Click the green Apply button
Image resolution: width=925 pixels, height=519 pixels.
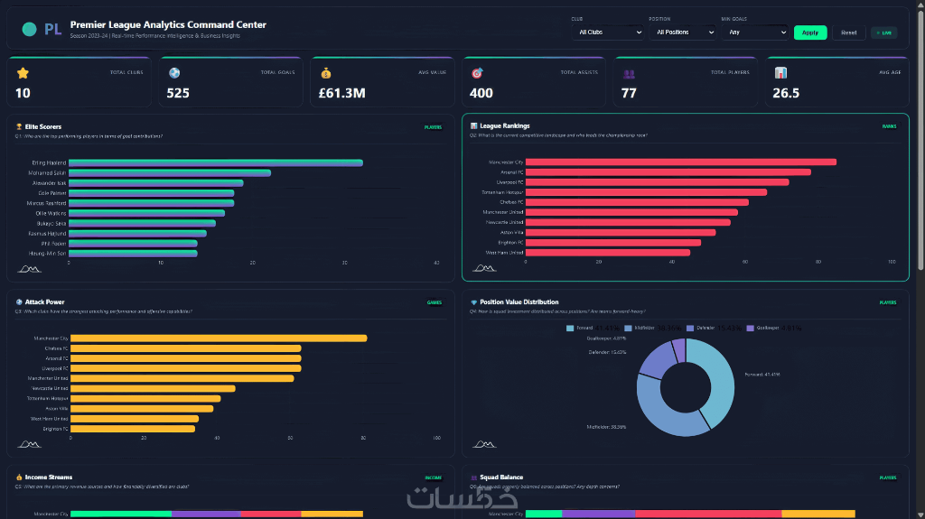tap(810, 32)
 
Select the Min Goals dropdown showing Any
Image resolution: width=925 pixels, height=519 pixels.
tap(755, 32)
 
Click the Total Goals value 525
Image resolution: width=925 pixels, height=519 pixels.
tap(178, 93)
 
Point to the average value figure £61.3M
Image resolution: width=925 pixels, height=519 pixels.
tap(341, 93)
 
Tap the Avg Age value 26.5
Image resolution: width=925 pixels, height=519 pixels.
tap(786, 93)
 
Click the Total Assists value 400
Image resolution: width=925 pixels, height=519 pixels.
tap(481, 93)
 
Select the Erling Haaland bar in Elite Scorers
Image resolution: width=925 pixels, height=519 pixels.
tap(216, 162)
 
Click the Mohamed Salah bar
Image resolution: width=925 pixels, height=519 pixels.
tap(170, 172)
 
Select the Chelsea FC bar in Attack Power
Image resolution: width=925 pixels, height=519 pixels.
tap(186, 348)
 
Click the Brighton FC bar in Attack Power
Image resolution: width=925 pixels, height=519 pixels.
tap(133, 429)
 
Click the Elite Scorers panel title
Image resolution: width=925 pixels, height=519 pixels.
tap(43, 126)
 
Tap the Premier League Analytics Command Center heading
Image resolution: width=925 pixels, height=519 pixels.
tap(168, 25)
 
